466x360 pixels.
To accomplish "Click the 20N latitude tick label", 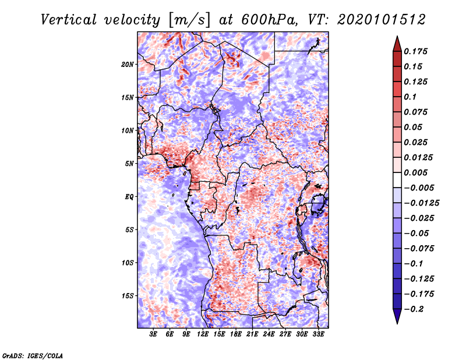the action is coord(128,65).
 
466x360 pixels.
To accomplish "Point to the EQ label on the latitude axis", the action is coord(129,197).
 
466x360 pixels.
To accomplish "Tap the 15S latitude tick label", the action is coord(128,296).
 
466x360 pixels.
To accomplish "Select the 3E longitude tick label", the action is coord(153,334).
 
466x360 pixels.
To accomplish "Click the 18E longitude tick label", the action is coord(236,334).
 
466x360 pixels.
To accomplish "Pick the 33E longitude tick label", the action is coord(318,334).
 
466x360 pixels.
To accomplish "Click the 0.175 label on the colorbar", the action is coord(416,51).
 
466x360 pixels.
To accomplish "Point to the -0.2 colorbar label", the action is coord(414,309).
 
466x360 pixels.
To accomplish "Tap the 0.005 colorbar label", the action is coord(416,172).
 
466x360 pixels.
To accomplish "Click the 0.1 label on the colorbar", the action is coord(411,97).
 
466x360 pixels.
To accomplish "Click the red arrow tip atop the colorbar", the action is coord(397,37).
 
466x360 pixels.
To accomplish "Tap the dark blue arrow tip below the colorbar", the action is coord(397,323).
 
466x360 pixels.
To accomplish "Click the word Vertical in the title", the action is coord(69,20).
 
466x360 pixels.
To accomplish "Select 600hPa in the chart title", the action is coord(269,20).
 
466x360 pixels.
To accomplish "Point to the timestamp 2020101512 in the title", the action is coord(382,20).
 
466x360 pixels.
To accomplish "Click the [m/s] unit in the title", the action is coord(189,20).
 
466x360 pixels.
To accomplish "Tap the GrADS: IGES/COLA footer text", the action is coord(33,355).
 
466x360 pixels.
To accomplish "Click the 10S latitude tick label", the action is coord(128,263).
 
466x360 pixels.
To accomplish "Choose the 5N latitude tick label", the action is coord(129,164).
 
